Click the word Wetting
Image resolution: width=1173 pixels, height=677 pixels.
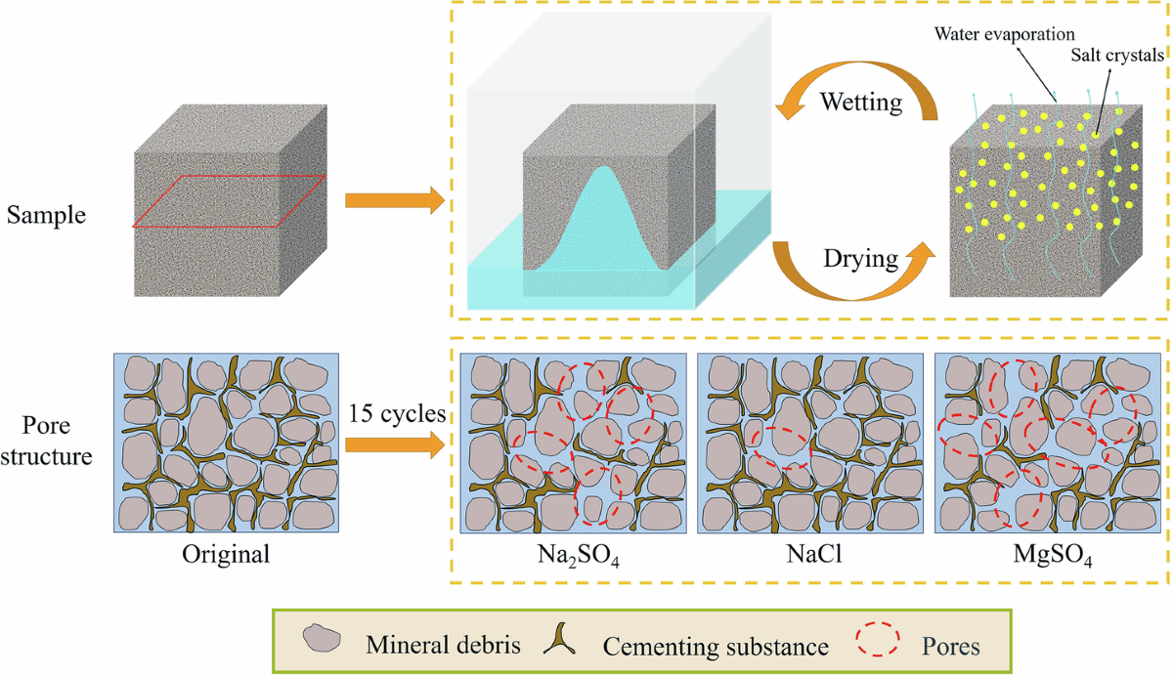tap(860, 102)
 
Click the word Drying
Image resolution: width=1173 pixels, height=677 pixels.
tap(859, 259)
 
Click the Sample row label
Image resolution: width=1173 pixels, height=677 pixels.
tap(46, 215)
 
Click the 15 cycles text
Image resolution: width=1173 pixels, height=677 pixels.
tap(397, 413)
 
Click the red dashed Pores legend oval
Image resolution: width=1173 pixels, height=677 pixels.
tap(879, 641)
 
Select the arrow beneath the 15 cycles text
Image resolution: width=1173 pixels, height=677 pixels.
tap(395, 445)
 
